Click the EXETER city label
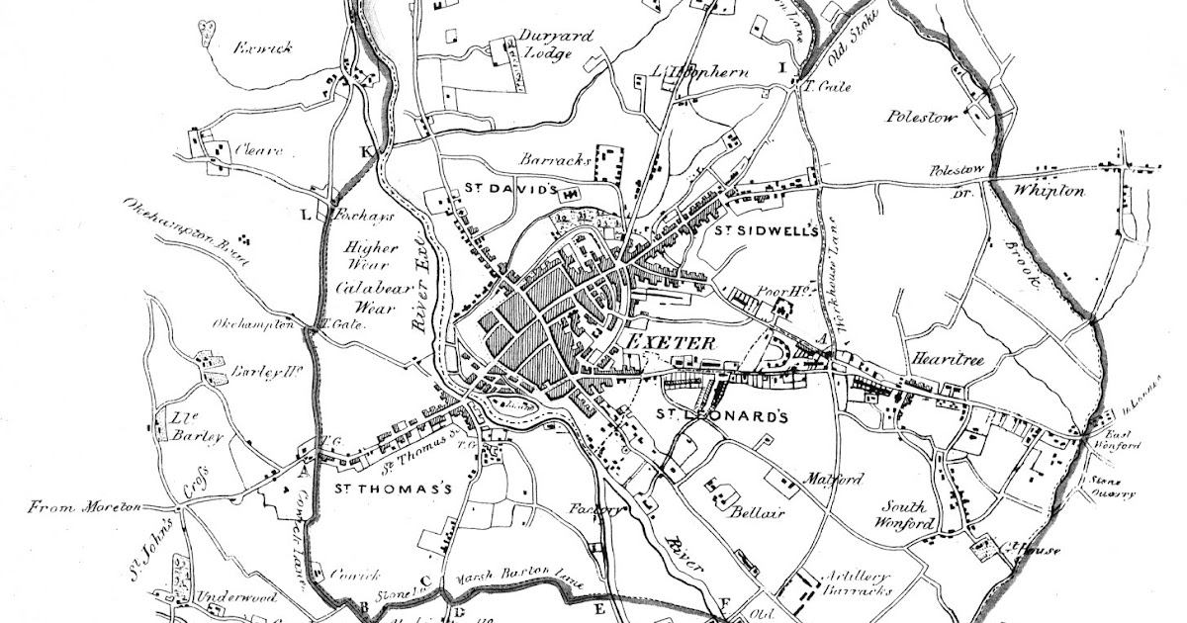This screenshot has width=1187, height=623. click(x=670, y=342)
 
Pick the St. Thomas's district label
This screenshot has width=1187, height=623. click(x=392, y=489)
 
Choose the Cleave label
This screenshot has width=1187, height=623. click(x=259, y=151)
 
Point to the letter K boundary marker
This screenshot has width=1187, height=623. click(x=367, y=151)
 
